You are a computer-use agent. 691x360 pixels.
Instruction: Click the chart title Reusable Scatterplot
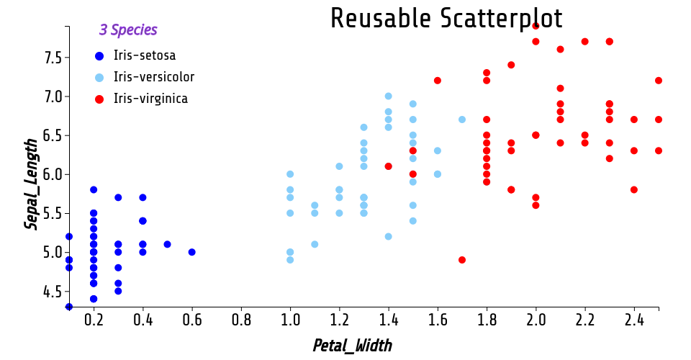coord(446,19)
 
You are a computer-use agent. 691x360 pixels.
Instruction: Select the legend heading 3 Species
coord(128,30)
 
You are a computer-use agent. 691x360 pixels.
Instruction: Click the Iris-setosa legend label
coord(145,55)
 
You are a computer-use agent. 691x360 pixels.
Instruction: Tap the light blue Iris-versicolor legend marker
coord(99,78)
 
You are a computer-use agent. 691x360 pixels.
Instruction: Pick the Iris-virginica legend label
coord(150,99)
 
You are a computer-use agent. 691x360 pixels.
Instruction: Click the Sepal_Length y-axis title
coord(31,184)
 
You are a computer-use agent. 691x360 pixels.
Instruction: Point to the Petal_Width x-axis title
coord(352,346)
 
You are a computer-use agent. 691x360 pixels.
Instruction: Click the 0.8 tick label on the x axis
coord(241,319)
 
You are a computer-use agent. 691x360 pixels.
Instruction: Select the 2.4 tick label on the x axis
coord(634,319)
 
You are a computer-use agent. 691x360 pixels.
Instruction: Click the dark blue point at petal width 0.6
coord(191,252)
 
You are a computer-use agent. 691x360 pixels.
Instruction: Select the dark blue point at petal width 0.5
coord(167,244)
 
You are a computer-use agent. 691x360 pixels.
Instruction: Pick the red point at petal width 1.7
coord(462,260)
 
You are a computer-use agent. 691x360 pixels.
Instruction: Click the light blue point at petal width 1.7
coord(462,120)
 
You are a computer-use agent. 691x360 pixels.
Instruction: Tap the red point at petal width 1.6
coord(438,81)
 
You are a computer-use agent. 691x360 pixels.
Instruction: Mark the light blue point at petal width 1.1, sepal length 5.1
coord(315,244)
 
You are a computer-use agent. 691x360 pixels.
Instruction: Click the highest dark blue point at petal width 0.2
coord(94,189)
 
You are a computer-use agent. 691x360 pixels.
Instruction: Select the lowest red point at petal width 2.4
coord(634,189)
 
